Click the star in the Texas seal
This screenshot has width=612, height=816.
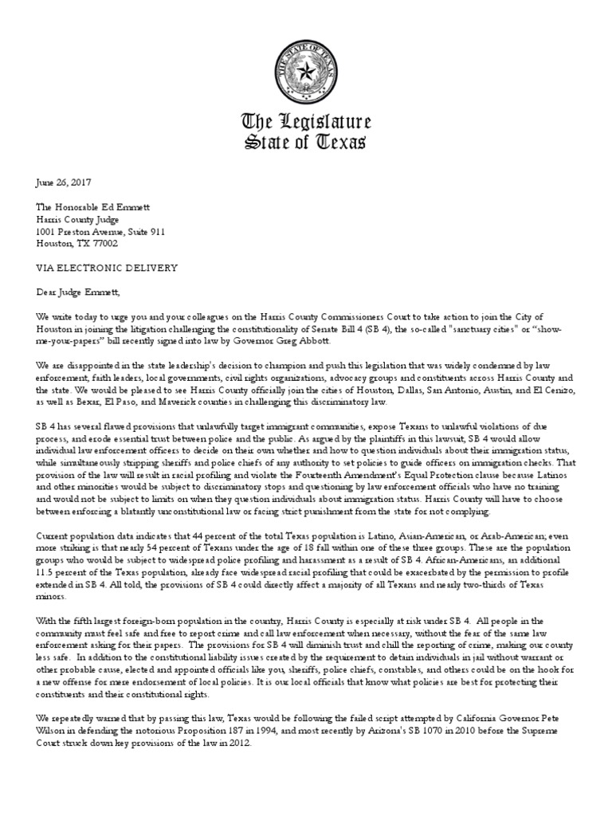(305, 71)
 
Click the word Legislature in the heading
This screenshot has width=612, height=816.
(327, 124)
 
